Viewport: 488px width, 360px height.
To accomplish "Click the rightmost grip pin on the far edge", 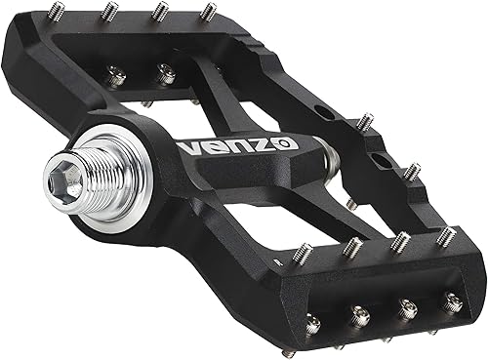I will pos(207,13).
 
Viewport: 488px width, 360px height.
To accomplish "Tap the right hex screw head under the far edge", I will pos(166,72).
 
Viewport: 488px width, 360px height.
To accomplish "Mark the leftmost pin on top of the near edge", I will pos(304,252).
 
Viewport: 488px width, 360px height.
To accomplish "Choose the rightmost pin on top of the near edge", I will pos(447,236).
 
